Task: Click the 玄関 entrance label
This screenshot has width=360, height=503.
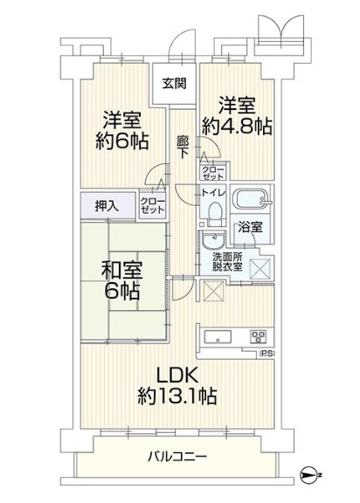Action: coord(174,84)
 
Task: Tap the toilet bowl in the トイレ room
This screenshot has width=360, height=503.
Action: coord(214,214)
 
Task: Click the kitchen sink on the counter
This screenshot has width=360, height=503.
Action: coord(218,337)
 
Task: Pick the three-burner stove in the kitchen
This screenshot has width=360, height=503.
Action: coord(259,336)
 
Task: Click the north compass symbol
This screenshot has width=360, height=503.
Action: coord(310,474)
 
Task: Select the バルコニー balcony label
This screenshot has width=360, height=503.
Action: coord(177,456)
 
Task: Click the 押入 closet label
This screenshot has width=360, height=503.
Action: coord(107,206)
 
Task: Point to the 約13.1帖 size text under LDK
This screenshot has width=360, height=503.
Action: coord(177,396)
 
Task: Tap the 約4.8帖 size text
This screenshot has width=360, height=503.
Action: coord(237,126)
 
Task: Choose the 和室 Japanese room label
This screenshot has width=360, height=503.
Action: coord(121,270)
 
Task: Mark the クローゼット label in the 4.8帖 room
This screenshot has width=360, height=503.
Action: coord(212,173)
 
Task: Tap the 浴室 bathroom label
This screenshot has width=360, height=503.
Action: coord(250,227)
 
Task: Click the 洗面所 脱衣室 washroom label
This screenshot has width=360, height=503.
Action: coord(227,262)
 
